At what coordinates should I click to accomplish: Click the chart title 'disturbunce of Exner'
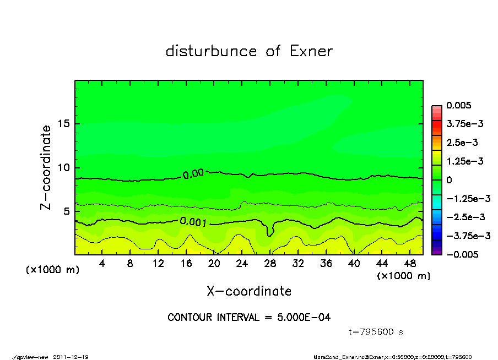pos(249,51)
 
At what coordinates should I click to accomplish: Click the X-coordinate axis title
pos(249,291)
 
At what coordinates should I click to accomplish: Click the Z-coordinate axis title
pos(47,167)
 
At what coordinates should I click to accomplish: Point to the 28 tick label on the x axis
pos(270,264)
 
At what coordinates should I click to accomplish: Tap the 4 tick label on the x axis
pos(102,264)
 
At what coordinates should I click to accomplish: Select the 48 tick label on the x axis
pos(409,264)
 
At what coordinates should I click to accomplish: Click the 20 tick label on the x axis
pos(214,264)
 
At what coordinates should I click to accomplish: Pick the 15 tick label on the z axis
pos(64,124)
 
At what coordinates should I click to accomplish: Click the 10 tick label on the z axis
pos(64,168)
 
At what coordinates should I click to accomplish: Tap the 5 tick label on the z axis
pos(67,211)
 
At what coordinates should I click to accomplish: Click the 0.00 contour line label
pos(193,174)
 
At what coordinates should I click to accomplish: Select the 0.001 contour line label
pos(193,222)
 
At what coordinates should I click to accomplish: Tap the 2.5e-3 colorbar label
pos(462,143)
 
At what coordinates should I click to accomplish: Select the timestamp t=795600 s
pos(377,332)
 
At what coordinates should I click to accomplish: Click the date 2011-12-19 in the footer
pos(71,357)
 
